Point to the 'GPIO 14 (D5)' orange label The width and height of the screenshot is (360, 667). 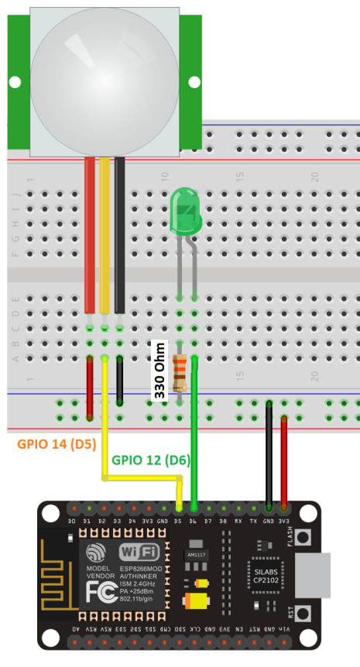(x=51, y=446)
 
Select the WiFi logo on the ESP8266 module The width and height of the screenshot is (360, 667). (x=140, y=552)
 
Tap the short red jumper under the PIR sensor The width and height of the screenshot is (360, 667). (x=90, y=381)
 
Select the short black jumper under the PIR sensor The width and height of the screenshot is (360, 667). (x=120, y=381)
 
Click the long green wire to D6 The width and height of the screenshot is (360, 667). (x=194, y=433)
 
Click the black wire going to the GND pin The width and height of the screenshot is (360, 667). (x=269, y=457)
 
